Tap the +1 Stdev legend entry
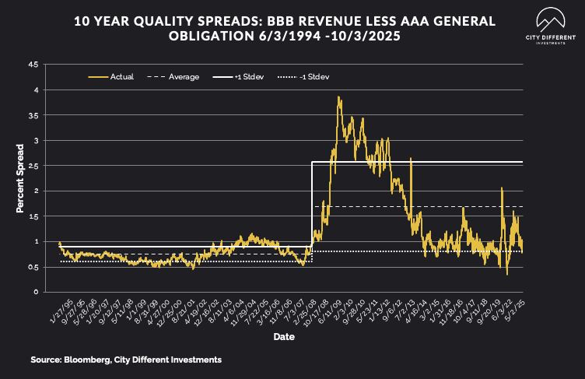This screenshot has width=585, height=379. [248, 77]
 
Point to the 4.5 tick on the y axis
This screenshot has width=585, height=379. [33, 65]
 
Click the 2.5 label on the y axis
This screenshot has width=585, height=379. [33, 166]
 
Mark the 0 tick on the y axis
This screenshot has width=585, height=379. [36, 292]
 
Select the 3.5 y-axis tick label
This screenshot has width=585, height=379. [33, 115]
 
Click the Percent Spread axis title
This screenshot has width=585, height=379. [21, 178]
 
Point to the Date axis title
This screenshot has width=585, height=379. [283, 337]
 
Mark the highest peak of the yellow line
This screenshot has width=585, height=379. [338, 97]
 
